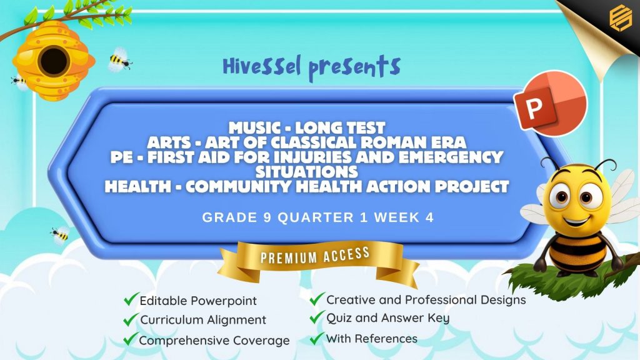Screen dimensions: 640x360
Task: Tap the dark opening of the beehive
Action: click(54, 61)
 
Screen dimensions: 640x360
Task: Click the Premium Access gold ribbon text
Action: click(315, 256)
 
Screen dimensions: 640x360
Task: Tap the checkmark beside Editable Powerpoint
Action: click(131, 299)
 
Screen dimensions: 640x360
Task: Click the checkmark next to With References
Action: click(317, 338)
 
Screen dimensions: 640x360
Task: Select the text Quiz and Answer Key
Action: click(387, 318)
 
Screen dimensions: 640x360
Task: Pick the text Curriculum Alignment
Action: click(203, 320)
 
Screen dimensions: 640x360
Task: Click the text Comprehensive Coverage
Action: click(214, 341)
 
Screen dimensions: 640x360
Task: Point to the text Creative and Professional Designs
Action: click(426, 300)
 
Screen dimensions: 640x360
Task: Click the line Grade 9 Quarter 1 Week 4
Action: click(318, 217)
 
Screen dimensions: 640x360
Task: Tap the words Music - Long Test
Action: click(307, 127)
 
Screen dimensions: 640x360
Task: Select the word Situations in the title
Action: click(307, 172)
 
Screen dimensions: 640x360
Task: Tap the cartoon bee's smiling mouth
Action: click(576, 222)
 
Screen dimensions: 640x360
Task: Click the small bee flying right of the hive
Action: click(119, 61)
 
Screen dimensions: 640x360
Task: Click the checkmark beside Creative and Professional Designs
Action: click(317, 299)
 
